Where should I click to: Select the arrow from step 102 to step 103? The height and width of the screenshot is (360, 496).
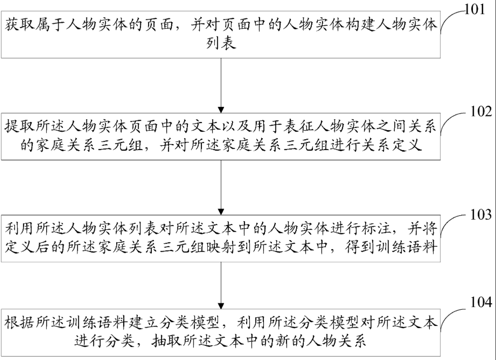(x=221, y=187)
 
